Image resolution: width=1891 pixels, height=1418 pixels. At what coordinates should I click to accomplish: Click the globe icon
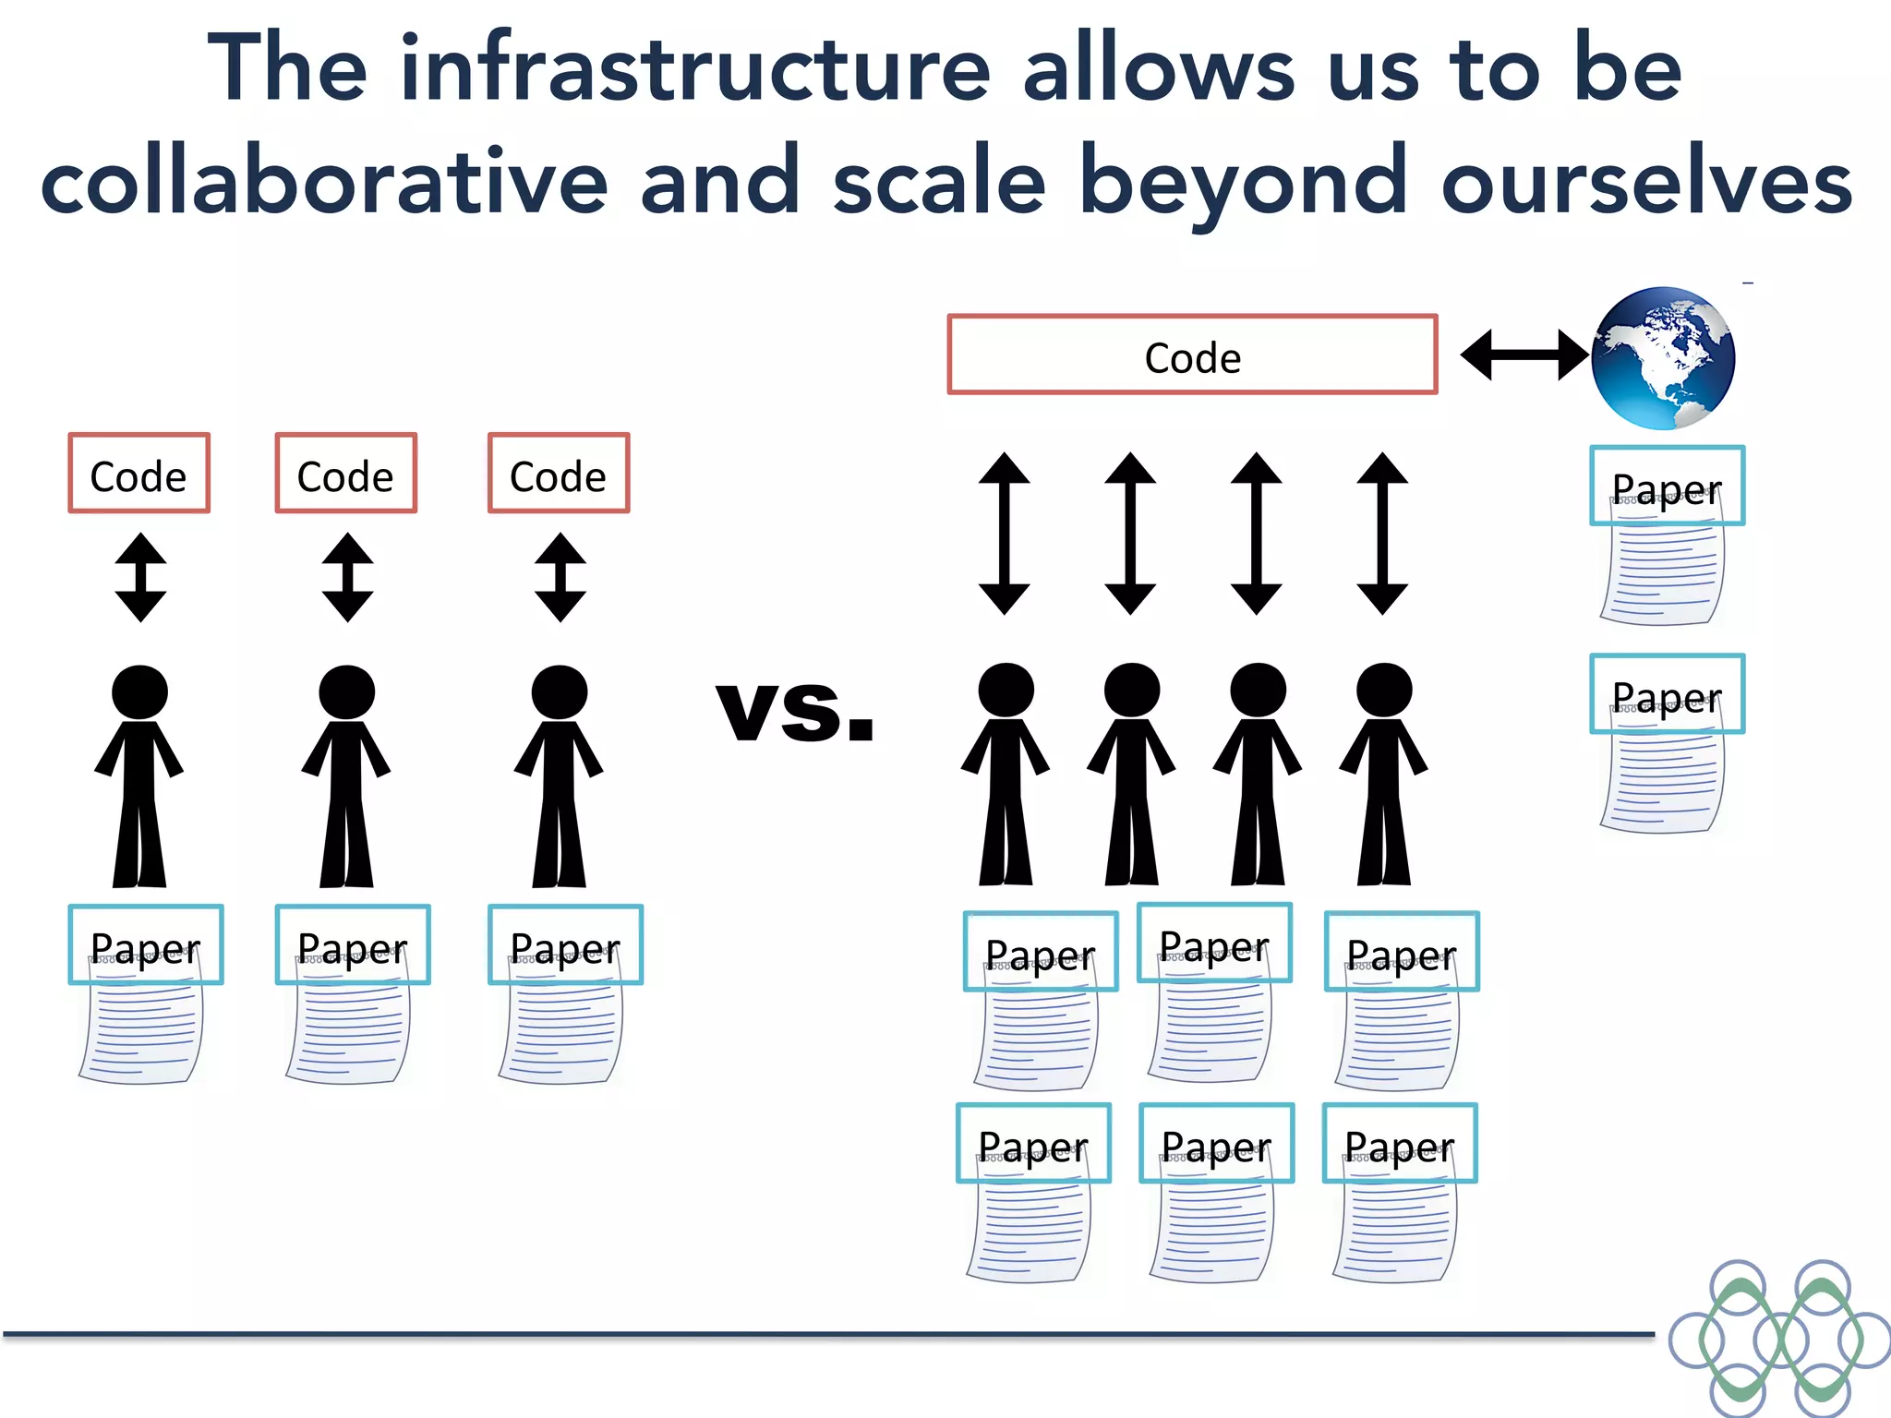pos(1663,358)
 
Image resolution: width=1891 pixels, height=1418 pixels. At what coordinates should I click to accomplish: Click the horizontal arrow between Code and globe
pos(1524,355)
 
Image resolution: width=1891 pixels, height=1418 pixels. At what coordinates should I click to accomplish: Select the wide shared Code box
pos(1192,355)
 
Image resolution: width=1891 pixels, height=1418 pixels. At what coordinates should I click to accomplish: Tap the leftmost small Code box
pos(139,474)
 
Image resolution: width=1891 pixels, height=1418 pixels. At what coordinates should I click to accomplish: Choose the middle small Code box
pos(345,474)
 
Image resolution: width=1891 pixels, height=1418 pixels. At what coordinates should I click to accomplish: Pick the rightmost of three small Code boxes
pos(559,474)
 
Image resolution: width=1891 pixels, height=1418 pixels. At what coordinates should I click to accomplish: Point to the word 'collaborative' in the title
pos(323,182)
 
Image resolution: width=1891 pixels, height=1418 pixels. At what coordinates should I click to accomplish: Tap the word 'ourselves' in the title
pos(1646,182)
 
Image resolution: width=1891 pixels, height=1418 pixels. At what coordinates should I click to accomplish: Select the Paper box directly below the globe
pos(1667,487)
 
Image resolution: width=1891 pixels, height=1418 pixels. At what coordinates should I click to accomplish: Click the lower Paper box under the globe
pos(1667,694)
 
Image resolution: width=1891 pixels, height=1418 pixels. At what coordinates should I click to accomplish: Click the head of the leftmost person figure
pos(139,691)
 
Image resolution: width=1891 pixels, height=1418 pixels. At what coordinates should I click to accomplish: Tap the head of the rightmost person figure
pos(1383,690)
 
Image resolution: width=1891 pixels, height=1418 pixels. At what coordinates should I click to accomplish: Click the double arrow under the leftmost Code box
pos(140,577)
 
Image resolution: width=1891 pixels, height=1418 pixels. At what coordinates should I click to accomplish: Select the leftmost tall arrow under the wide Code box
pos(1004,534)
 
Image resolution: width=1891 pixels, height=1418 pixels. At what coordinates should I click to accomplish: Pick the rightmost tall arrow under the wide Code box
pos(1382,534)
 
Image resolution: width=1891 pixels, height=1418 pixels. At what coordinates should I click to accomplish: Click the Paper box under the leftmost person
pos(146,945)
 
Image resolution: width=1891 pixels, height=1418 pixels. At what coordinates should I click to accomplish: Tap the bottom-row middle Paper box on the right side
pos(1216,1143)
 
